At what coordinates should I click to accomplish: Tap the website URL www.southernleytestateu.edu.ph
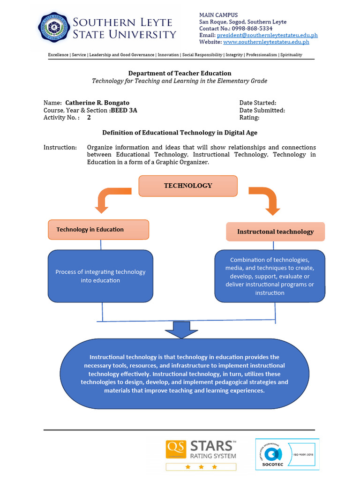tap(266, 42)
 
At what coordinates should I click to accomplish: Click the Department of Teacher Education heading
tap(180, 73)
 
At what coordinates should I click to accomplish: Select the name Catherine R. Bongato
tap(97, 103)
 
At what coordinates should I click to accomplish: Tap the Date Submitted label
tap(262, 110)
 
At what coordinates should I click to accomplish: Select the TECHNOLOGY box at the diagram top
tap(188, 186)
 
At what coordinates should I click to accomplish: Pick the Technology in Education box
tap(98, 230)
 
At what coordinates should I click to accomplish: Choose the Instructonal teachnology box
tap(275, 232)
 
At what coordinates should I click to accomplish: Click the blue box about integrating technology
tap(100, 276)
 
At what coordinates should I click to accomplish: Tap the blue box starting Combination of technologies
tap(270, 276)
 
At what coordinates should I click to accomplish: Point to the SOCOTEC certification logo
tap(287, 454)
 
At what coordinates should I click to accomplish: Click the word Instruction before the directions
tap(60, 147)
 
